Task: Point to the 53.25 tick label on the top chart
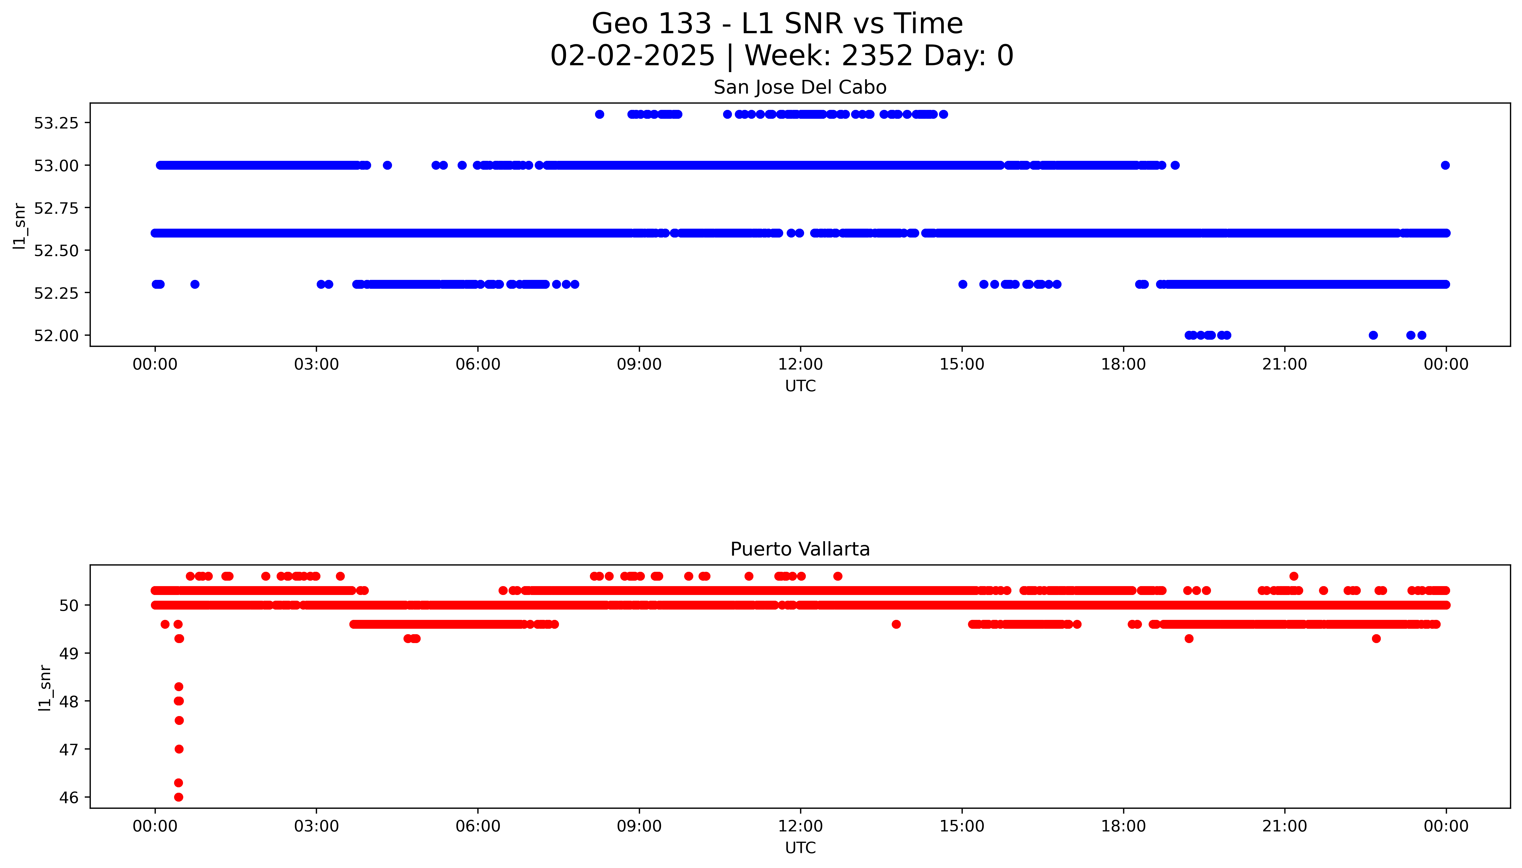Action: [56, 123]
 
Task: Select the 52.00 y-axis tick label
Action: [56, 336]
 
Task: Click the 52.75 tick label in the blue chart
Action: [56, 208]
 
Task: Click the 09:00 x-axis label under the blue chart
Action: [639, 364]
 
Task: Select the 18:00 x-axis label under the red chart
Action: [1123, 826]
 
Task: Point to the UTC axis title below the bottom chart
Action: [800, 847]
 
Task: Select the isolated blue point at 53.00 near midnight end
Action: [1444, 165]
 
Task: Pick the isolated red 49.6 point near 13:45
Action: [896, 624]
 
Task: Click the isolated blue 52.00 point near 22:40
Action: [1373, 335]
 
